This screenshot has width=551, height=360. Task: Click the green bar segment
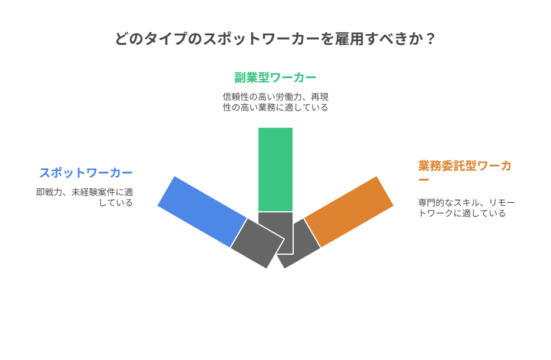point(275,169)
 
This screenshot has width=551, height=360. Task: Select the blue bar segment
point(202,211)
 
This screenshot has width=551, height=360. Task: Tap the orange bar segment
point(349,211)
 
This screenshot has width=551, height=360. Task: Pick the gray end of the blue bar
point(257,243)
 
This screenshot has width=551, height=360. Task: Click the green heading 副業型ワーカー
point(275,78)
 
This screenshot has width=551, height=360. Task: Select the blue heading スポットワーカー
point(86,173)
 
